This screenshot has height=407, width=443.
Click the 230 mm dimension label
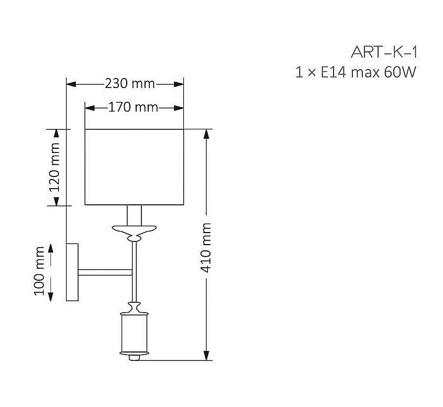130,84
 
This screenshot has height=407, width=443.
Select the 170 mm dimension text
133,107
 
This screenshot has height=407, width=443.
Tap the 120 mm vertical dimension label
54,167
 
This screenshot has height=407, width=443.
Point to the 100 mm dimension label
39,271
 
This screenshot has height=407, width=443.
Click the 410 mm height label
205,248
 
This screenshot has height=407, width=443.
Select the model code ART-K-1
384,52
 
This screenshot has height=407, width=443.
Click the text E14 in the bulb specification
334,72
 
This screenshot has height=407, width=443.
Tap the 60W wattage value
400,72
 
